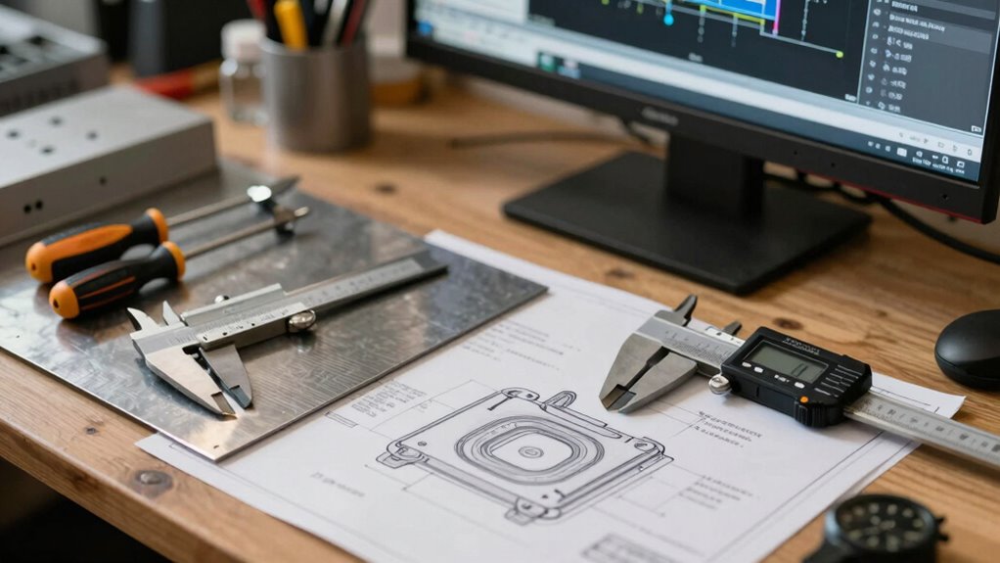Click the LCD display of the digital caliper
787,361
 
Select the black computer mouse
969,349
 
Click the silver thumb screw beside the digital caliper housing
720,385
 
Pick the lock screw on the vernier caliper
302,320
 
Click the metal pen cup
314,93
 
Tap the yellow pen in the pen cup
290,23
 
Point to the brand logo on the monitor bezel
659,116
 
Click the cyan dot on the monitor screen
669,18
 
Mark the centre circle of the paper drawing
531,452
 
